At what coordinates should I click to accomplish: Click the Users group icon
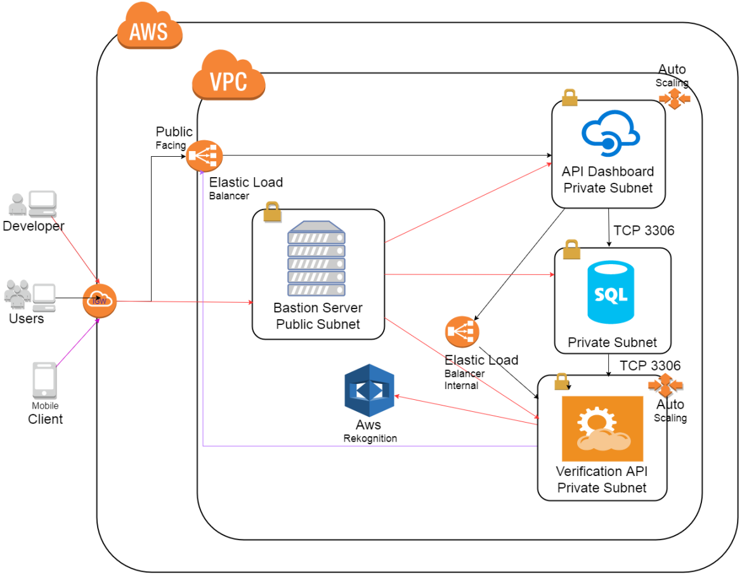pos(29,295)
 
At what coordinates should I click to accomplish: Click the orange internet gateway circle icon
pos(100,301)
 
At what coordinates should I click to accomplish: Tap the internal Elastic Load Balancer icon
pos(462,332)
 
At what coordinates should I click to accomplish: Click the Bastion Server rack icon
pos(316,258)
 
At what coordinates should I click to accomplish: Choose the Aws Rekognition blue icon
pos(369,390)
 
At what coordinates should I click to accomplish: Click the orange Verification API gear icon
pos(602,428)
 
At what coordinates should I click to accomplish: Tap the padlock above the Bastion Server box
pos(273,211)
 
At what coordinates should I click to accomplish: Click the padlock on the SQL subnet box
pos(571,249)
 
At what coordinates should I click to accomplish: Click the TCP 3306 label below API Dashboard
pos(644,231)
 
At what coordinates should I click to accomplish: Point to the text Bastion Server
pos(318,308)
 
